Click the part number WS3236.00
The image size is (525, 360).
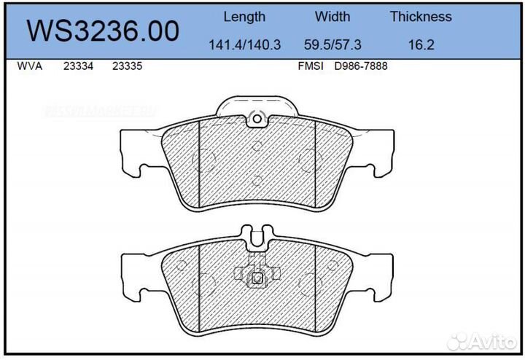[x=103, y=31]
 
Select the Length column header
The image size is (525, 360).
[x=244, y=17]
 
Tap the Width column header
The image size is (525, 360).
[x=332, y=17]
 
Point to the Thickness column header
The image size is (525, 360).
[x=421, y=17]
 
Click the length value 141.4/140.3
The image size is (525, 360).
[x=245, y=44]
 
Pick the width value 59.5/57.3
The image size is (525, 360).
[x=332, y=44]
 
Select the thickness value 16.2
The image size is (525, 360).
[x=421, y=44]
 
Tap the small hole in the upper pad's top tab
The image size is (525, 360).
[x=256, y=119]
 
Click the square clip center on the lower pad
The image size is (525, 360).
[x=256, y=277]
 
